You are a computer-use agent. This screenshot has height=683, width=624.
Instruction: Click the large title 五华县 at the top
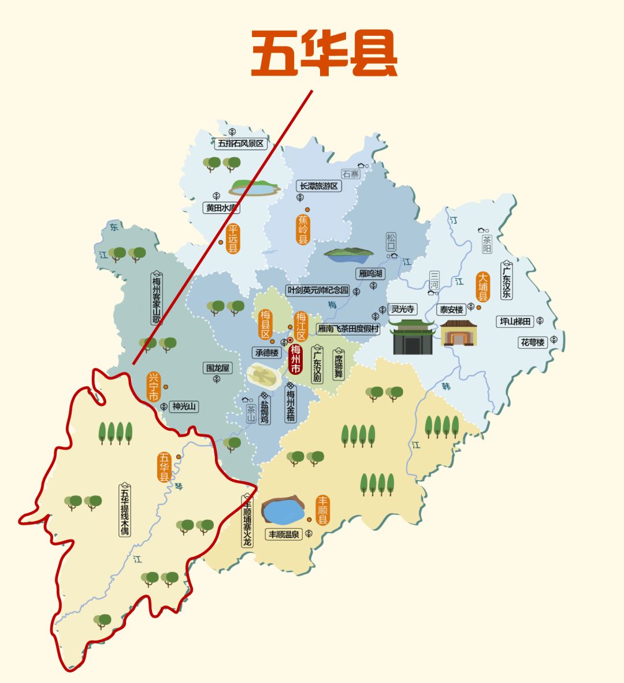click(x=324, y=54)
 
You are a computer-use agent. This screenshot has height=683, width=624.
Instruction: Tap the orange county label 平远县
click(x=233, y=239)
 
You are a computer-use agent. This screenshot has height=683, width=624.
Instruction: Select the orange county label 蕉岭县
click(x=303, y=230)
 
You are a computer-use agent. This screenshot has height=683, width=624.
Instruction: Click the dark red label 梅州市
click(x=295, y=359)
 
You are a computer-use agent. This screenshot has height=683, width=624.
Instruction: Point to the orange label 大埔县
click(x=482, y=287)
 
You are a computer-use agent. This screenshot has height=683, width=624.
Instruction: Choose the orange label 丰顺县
click(x=322, y=510)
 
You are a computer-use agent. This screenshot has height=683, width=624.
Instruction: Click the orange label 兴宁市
click(x=153, y=387)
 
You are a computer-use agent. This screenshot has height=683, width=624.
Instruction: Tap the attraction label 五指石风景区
click(x=240, y=143)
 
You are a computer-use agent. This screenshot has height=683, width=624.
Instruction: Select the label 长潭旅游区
click(x=318, y=186)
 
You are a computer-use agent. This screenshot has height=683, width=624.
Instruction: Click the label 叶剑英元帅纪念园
click(x=318, y=290)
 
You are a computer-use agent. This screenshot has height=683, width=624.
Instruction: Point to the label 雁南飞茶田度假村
click(x=348, y=329)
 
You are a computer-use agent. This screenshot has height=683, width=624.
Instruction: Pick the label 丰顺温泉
click(x=284, y=534)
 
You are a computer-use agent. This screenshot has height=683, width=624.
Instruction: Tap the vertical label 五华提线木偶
click(x=125, y=510)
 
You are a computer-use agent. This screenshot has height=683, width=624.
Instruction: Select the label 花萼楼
click(x=533, y=342)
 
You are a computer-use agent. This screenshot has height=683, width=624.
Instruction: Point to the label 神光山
click(x=184, y=407)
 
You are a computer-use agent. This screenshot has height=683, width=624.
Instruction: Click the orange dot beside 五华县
click(x=179, y=457)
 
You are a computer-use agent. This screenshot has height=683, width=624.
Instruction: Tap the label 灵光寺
click(x=402, y=309)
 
